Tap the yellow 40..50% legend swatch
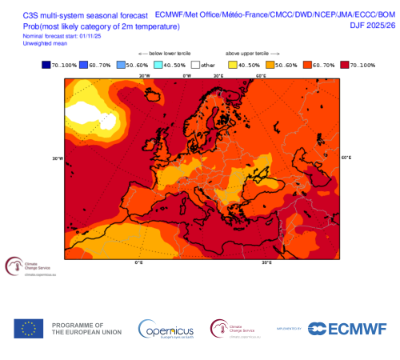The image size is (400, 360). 233,65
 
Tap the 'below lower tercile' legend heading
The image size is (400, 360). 158,54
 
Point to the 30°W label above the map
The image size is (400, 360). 144,77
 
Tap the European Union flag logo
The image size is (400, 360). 29,328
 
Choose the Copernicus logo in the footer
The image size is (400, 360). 166,329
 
